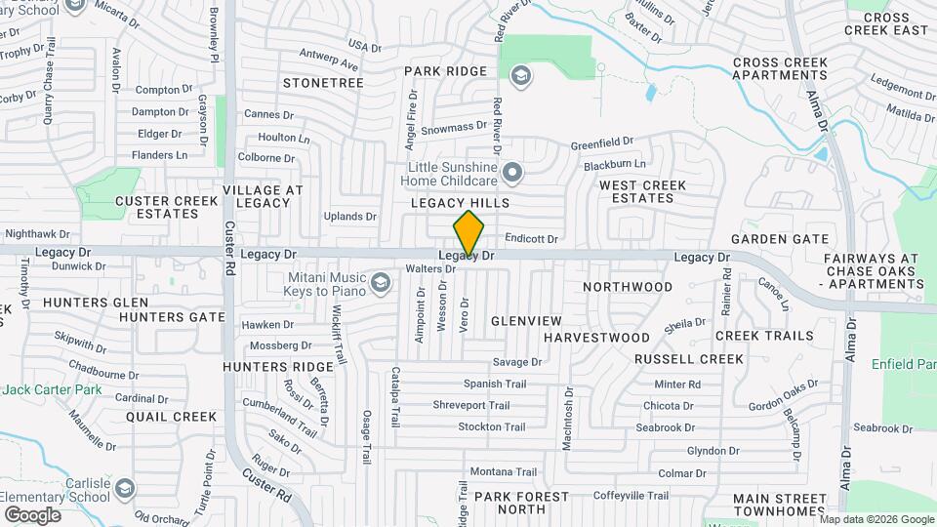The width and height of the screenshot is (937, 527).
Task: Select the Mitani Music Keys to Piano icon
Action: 380,284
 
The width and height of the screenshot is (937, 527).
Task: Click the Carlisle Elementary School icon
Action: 124,487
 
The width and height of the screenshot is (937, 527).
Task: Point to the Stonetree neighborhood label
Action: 323,83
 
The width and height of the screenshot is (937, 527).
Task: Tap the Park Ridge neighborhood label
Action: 445,71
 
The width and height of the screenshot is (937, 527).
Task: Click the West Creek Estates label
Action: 643,191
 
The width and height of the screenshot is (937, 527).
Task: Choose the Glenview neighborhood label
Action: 526,320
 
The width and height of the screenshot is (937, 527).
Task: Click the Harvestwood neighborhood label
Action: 596,337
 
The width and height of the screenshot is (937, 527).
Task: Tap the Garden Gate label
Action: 780,238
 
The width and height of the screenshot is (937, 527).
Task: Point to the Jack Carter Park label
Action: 52,389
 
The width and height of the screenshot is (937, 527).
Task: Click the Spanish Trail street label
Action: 494,384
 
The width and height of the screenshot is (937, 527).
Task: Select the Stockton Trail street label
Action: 492,426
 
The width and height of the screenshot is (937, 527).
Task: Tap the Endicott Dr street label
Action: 532,238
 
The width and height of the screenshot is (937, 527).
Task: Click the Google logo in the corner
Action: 31,514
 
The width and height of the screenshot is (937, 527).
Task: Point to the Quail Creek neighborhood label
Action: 171,416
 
